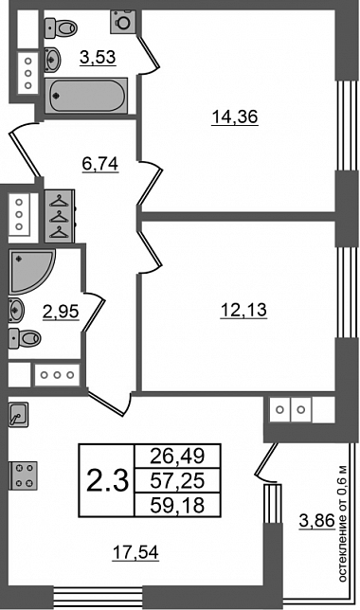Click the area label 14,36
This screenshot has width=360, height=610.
click(235, 117)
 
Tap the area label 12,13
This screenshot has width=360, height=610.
click(243, 311)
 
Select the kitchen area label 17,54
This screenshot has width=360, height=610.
click(135, 552)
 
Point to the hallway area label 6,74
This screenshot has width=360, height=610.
click(100, 164)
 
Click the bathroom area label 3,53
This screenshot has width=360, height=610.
click(99, 58)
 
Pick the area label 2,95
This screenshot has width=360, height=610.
click(61, 312)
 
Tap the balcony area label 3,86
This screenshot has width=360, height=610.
click(317, 521)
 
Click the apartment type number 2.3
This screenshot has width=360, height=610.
click(107, 480)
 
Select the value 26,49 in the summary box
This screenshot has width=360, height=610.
click(177, 456)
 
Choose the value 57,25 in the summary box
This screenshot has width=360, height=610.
click(177, 481)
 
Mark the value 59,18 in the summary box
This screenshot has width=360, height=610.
click(177, 506)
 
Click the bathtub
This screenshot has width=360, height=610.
click(86, 96)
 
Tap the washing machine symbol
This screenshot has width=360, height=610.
click(123, 22)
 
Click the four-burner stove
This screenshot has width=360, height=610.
click(23, 475)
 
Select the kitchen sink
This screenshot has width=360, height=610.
click(18, 414)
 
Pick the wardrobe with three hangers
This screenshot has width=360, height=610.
click(59, 216)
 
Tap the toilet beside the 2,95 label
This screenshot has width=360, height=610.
click(25, 337)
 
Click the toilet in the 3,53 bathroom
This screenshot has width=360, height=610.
click(61, 27)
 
